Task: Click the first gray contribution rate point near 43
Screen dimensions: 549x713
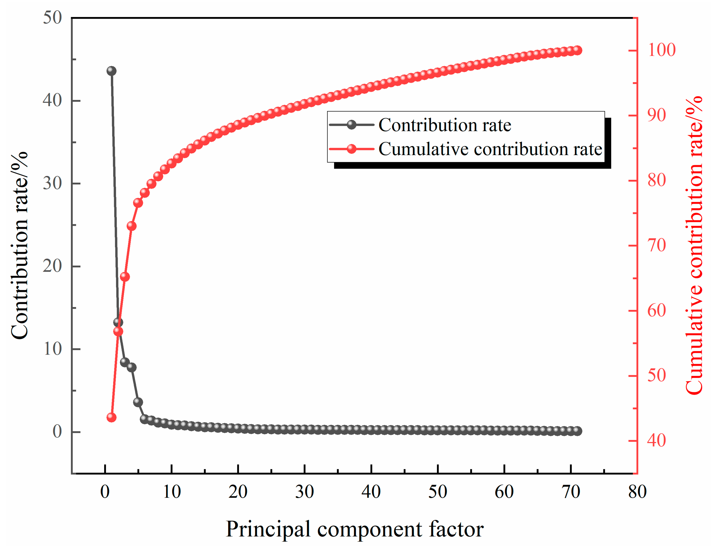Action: pyautogui.click(x=111, y=71)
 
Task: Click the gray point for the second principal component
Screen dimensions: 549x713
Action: pyautogui.click(x=118, y=323)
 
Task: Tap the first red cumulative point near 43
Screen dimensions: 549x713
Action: pyautogui.click(x=111, y=417)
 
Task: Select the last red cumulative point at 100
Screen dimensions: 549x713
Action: pyautogui.click(x=577, y=50)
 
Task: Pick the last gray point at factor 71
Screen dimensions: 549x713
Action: pyautogui.click(x=577, y=431)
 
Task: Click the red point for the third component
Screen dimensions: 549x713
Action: pyautogui.click(x=125, y=277)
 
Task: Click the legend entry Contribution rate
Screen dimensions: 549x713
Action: pyautogui.click(x=444, y=125)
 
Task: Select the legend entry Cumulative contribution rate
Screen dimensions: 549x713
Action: pyautogui.click(x=490, y=149)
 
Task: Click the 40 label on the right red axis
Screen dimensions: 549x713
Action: pyautogui.click(x=656, y=441)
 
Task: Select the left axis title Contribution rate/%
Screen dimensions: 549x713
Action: pyautogui.click(x=20, y=245)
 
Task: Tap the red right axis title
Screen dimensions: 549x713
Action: pyautogui.click(x=694, y=245)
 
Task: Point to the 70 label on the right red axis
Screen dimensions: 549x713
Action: pyautogui.click(x=656, y=245)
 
